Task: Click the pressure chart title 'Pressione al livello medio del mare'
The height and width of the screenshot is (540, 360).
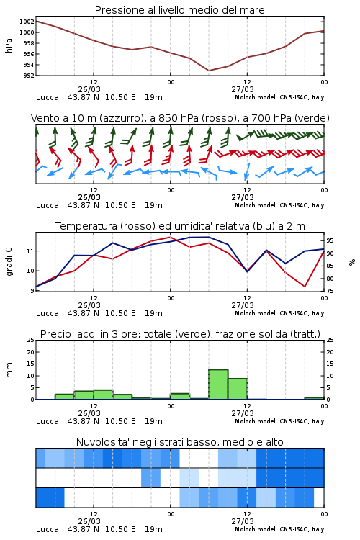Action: click(x=179, y=10)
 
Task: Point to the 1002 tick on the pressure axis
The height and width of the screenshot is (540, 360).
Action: click(x=27, y=22)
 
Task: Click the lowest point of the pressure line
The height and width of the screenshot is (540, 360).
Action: click(x=208, y=71)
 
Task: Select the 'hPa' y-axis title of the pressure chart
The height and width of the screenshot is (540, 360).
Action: click(x=9, y=45)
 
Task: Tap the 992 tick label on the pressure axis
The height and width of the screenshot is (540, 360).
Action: click(x=28, y=76)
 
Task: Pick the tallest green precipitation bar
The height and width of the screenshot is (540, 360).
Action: click(x=218, y=384)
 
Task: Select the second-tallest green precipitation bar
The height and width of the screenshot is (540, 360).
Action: click(x=238, y=389)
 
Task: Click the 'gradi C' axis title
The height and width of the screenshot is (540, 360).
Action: click(x=9, y=262)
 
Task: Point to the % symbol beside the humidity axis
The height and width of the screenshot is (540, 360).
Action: click(x=352, y=262)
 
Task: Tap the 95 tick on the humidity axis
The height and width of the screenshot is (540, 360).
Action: click(x=330, y=240)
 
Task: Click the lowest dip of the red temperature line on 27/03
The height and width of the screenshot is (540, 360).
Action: click(x=305, y=287)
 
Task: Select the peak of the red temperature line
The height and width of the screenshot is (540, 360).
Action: click(x=170, y=237)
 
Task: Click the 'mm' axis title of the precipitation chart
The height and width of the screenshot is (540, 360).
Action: click(x=9, y=370)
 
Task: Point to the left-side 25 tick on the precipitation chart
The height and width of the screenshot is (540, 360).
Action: click(x=31, y=340)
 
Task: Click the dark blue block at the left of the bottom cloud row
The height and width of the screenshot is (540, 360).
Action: click(x=50, y=498)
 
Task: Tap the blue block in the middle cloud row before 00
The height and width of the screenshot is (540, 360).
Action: click(x=151, y=477)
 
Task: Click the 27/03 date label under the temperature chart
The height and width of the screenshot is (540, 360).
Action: click(x=243, y=305)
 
